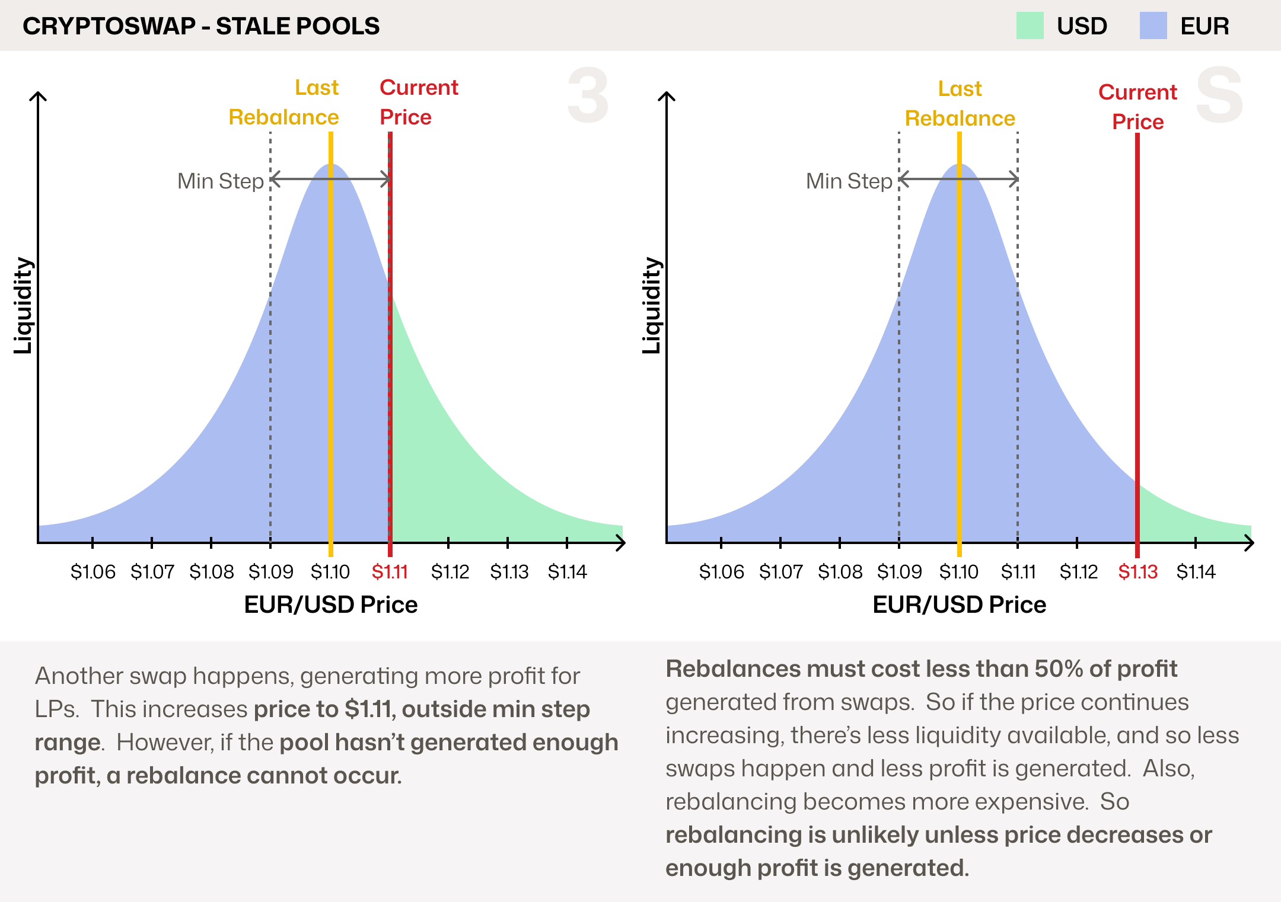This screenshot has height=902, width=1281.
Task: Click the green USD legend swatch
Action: pyautogui.click(x=1030, y=26)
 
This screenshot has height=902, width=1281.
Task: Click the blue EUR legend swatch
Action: pyautogui.click(x=1153, y=26)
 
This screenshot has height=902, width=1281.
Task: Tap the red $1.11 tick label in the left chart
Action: pyautogui.click(x=390, y=572)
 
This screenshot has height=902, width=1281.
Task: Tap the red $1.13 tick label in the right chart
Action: pyautogui.click(x=1137, y=572)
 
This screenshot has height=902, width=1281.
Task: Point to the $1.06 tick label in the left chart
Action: pyautogui.click(x=93, y=572)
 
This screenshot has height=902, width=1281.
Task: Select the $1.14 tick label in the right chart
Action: pyautogui.click(x=1196, y=572)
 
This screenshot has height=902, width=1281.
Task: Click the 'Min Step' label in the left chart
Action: pyautogui.click(x=221, y=181)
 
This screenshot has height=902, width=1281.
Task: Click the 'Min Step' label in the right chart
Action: pyautogui.click(x=849, y=181)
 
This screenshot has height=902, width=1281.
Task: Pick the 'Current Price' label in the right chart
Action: pyautogui.click(x=1137, y=107)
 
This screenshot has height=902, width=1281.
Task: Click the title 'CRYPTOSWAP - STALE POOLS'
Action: pyautogui.click(x=201, y=26)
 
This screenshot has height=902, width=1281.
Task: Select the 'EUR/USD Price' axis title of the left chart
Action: pyautogui.click(x=330, y=604)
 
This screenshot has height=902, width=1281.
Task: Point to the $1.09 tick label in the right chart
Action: pyautogui.click(x=899, y=572)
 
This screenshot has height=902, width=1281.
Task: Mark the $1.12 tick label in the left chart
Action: pyautogui.click(x=450, y=572)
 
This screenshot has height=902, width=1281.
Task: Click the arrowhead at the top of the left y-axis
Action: pyautogui.click(x=38, y=96)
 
